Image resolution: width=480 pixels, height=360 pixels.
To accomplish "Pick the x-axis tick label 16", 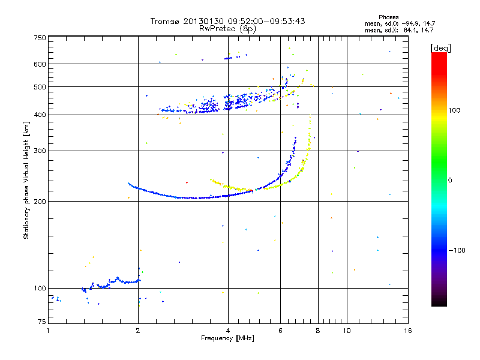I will [x=407, y=331].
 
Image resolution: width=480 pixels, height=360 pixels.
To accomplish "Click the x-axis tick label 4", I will [x=228, y=331].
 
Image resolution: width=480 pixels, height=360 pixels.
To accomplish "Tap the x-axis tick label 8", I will [x=318, y=331].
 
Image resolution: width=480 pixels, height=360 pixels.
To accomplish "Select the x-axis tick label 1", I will [x=48, y=331].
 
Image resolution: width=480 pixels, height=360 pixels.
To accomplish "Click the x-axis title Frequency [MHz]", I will [x=227, y=338].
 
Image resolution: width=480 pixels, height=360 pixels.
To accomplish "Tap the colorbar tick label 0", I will [x=450, y=180].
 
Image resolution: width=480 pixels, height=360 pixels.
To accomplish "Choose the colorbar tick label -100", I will [x=457, y=250].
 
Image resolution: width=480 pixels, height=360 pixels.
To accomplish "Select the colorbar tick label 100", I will [x=455, y=110].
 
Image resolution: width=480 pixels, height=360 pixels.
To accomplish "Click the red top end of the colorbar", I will [x=439, y=55].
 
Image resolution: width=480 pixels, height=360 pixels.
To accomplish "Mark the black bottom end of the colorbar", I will [x=439, y=304].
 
